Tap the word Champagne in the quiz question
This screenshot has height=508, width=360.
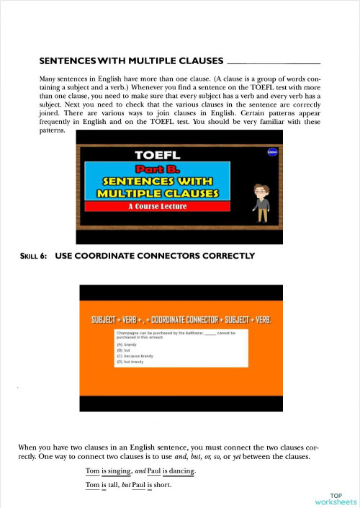pyautogui.click(x=129, y=334)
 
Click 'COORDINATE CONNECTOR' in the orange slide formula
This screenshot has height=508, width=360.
pyautogui.click(x=190, y=319)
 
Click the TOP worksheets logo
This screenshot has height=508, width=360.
pyautogui.click(x=336, y=499)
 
